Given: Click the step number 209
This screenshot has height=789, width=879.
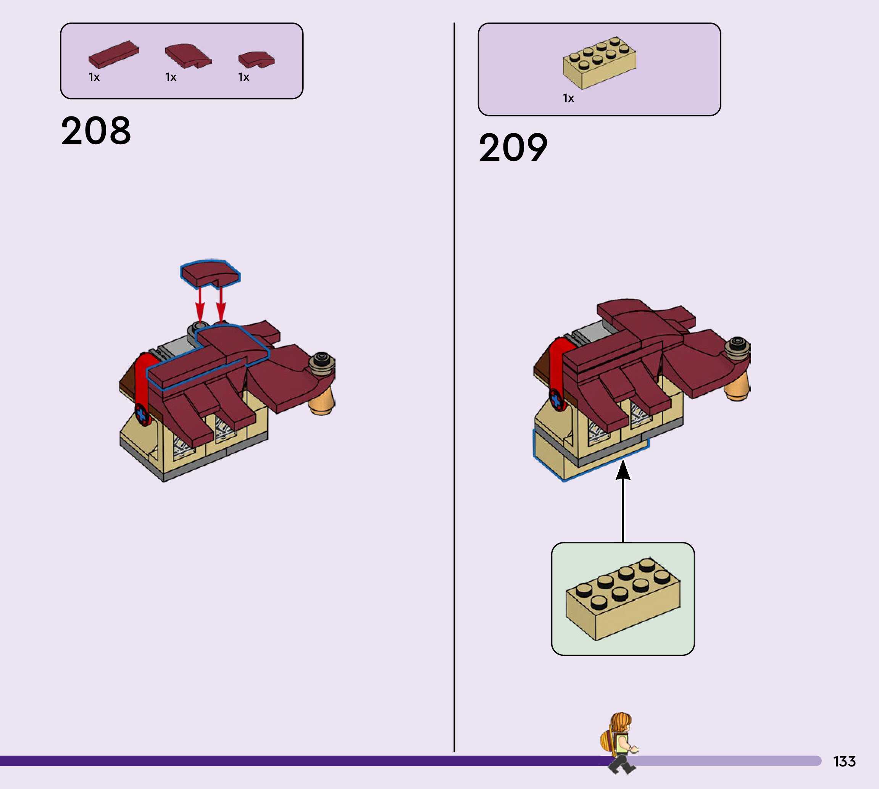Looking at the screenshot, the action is coord(513,148).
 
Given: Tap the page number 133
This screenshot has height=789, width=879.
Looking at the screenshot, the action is coord(844,761).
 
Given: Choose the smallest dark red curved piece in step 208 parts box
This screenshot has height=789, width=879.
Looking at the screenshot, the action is coord(256,60).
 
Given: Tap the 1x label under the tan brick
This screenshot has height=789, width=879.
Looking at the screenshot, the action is coord(568,98).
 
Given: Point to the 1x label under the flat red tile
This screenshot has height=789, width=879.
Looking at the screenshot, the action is coord(94,77).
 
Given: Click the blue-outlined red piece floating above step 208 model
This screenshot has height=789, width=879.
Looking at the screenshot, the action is coord(210,273).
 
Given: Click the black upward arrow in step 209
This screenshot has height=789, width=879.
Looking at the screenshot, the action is coord(623,499).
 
